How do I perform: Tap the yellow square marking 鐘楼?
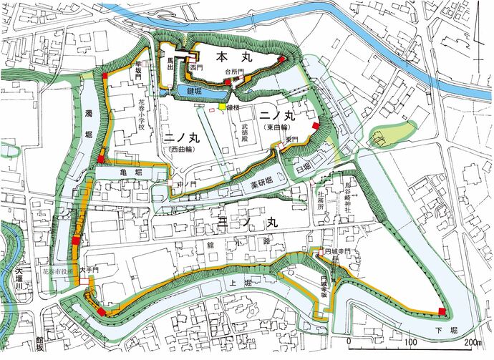[x=223, y=107]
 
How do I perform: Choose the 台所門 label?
[x=235, y=72]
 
